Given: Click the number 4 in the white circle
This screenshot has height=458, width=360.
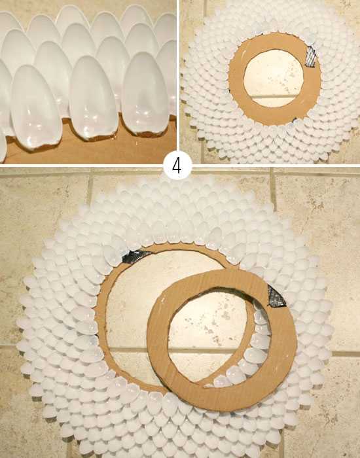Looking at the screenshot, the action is point(177,166).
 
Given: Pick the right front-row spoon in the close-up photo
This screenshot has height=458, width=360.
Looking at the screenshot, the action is point(145,94).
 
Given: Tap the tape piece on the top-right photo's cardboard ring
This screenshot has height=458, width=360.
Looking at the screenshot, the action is point(311,56).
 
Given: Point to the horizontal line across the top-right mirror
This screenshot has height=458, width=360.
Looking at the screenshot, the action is point(274,96).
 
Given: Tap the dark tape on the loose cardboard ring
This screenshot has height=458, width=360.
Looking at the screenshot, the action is point(276,297).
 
